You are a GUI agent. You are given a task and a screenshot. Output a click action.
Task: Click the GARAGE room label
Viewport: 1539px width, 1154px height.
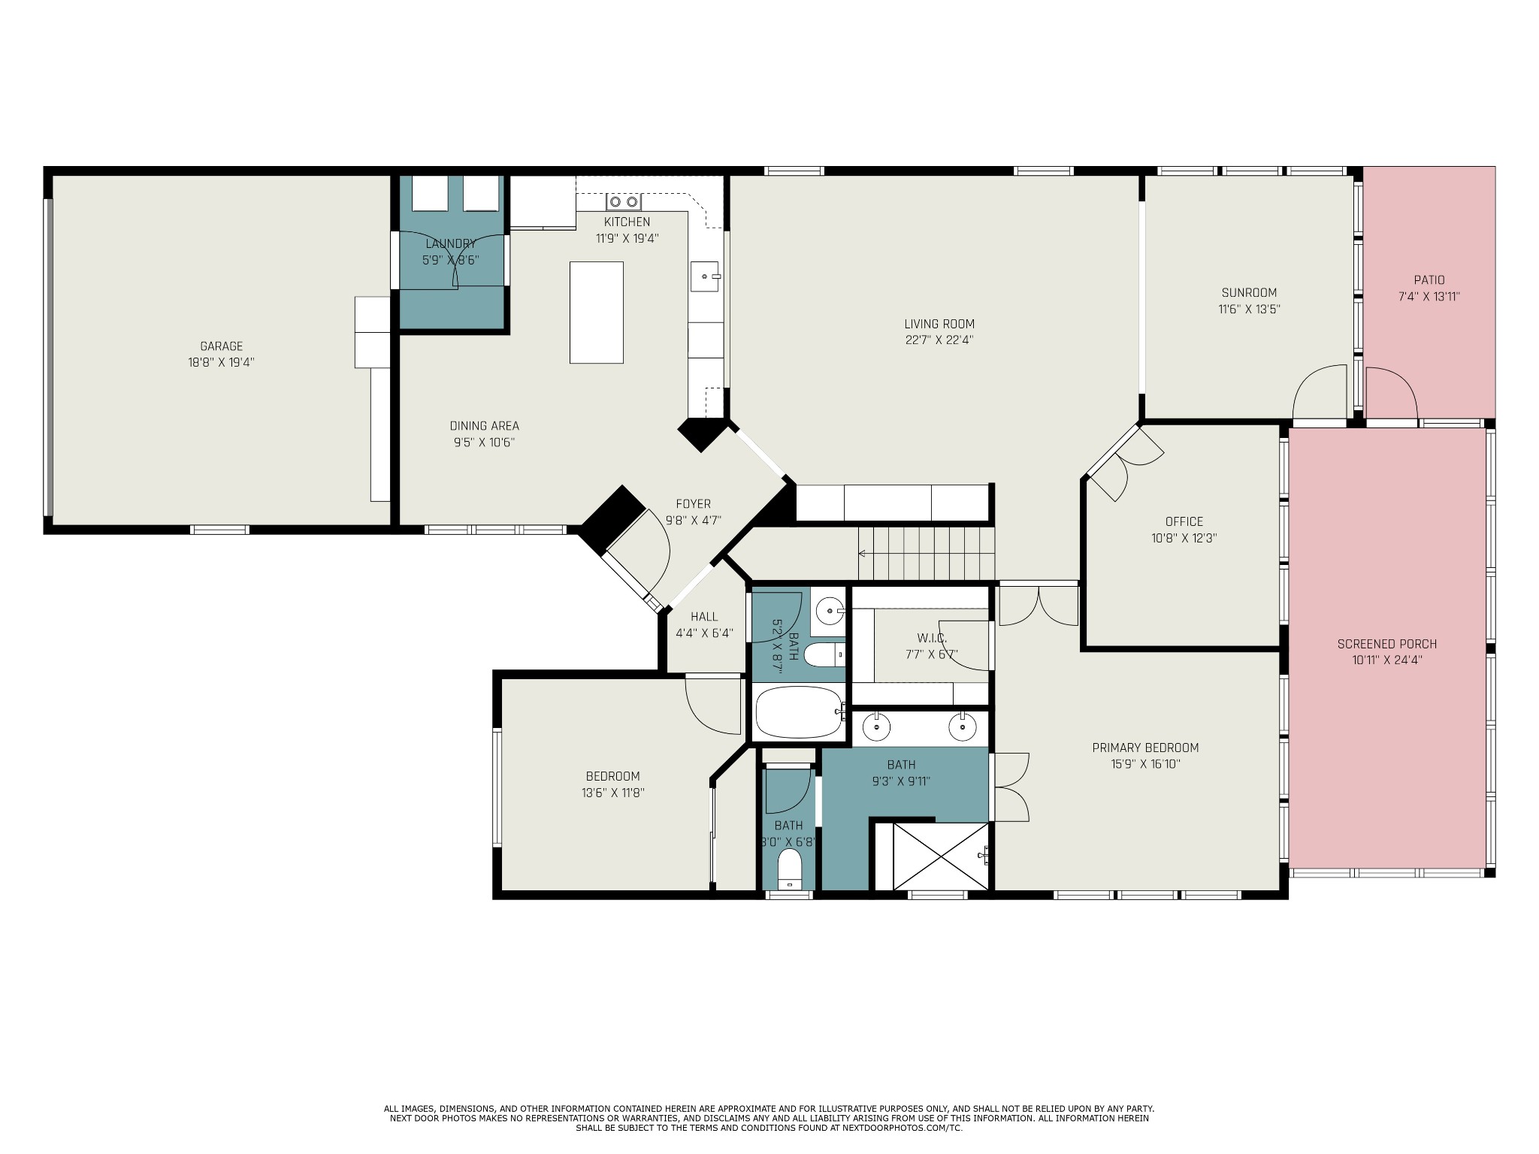pos(221,346)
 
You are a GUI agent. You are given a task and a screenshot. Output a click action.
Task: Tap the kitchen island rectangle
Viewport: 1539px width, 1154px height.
pos(597,313)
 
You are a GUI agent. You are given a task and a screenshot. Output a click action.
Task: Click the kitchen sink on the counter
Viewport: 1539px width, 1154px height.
pos(706,276)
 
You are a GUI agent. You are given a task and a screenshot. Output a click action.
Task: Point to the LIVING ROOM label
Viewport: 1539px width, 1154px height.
pos(939,324)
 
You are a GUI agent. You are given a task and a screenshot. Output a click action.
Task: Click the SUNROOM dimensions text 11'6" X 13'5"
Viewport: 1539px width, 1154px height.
pos(1249,309)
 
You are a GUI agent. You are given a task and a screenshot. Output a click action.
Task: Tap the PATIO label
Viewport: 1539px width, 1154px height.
pos(1429,280)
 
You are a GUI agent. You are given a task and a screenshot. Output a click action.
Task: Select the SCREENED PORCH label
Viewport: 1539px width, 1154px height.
pos(1387,644)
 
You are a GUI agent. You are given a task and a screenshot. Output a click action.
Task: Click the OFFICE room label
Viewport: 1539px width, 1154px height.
pos(1184,521)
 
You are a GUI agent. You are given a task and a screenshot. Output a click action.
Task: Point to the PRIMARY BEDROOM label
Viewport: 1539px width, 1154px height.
pos(1145,748)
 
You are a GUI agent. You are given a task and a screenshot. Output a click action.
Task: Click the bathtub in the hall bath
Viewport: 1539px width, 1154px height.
pos(799,711)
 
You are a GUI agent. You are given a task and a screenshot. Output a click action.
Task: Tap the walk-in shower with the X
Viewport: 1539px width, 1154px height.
pos(941,856)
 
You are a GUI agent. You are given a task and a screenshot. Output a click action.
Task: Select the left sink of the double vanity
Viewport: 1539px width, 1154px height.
pos(876,727)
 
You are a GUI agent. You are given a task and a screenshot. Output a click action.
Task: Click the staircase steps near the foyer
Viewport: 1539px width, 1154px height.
pos(927,554)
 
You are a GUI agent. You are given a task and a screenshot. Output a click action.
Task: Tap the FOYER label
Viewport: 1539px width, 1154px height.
pos(693,504)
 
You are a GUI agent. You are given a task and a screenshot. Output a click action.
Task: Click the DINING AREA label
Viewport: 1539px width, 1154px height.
pos(485,426)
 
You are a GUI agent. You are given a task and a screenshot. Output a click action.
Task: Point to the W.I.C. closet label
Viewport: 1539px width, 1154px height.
pos(932,638)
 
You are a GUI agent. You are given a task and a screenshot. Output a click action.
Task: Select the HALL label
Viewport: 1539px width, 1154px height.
pos(704,617)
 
